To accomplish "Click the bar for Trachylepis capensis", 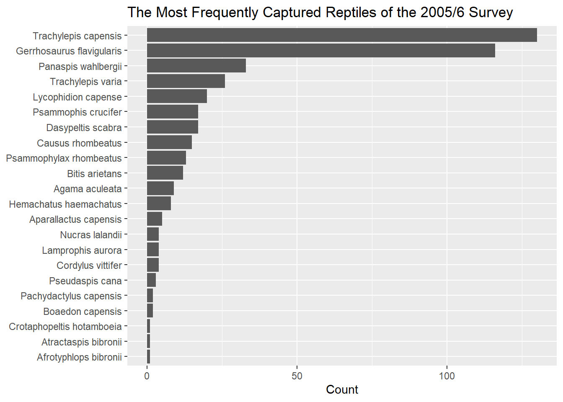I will (341, 35).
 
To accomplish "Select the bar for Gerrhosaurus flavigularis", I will (320, 51).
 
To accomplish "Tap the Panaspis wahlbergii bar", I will (196, 66).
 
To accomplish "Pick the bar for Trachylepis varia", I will (186, 81).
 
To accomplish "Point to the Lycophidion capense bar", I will (177, 96).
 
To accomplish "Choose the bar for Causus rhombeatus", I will (169, 142).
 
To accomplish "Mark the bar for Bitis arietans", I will (165, 173).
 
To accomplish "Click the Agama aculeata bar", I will (160, 188).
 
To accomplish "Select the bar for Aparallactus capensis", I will (154, 219).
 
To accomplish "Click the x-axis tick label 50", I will (297, 376).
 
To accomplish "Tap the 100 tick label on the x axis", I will (447, 376).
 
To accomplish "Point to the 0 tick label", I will (147, 376).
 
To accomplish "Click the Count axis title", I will (342, 390).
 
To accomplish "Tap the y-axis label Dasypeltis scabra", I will (84, 128).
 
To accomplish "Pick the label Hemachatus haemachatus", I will (65, 204).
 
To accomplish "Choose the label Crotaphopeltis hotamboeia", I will (65, 327).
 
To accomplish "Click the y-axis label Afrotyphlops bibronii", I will (79, 357).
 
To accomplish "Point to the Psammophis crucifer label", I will (77, 112).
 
